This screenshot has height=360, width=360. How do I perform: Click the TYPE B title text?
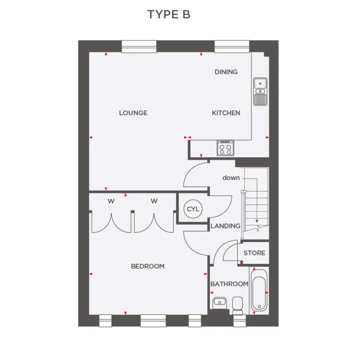(x=169, y=15)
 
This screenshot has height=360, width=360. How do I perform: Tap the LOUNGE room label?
(x=133, y=113)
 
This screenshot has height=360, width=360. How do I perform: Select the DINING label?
(x=226, y=72)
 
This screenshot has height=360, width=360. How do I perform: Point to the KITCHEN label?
(x=226, y=113)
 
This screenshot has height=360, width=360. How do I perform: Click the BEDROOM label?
(x=148, y=266)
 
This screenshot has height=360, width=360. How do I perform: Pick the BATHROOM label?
(x=229, y=284)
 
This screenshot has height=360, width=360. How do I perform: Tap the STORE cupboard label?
(x=254, y=253)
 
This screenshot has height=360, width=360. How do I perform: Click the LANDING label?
(x=225, y=226)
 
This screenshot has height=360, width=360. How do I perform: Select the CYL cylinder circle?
(x=192, y=209)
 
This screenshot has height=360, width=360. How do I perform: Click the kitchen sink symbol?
(x=260, y=92)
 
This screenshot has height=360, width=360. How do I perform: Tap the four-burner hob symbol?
(x=225, y=148)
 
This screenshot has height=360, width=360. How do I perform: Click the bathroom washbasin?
(x=219, y=302)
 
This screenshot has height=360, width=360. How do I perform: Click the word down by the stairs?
(x=231, y=178)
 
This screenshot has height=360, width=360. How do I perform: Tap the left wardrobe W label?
(x=111, y=201)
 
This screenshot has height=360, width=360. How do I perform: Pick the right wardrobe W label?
(x=154, y=201)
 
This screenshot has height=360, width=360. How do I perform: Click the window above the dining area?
(x=232, y=46)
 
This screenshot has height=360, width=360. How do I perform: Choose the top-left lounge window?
(x=139, y=46)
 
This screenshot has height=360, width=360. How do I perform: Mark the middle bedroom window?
(x=153, y=320)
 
